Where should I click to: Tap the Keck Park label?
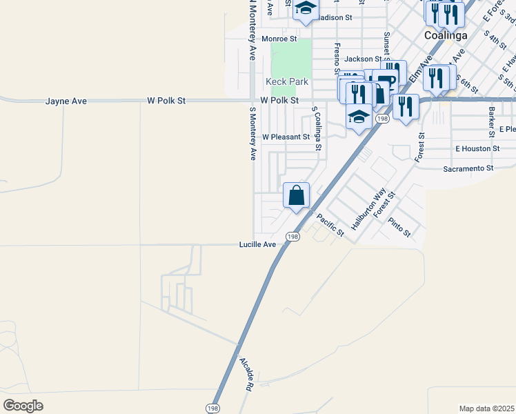coord(287,81)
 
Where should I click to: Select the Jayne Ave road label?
coord(66,101)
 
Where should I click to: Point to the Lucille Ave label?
coord(257,244)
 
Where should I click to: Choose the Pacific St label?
coord(330,226)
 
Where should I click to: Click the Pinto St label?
coord(399,228)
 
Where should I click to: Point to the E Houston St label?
coord(477,148)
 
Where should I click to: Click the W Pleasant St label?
coord(286,137)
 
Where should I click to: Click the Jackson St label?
coord(363,59)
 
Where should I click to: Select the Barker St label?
coord(492,113)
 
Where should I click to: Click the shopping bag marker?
coord(296,196)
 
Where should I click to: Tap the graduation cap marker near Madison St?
coord(305,10)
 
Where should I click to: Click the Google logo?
coord(23,406)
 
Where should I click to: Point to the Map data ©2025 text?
coord(486,408)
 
